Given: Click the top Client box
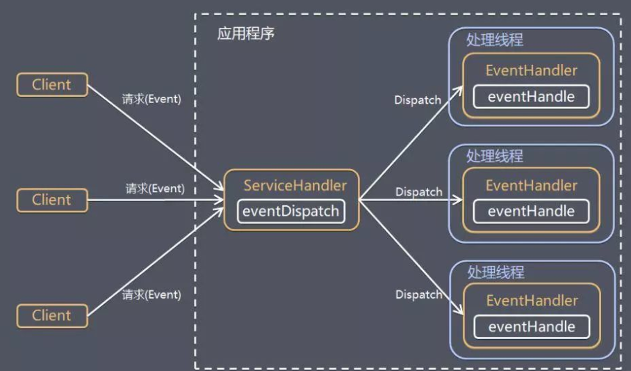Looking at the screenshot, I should pyautogui.click(x=52, y=85).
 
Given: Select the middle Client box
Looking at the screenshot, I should pyautogui.click(x=52, y=200).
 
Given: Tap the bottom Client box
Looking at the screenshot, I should pyautogui.click(x=52, y=315).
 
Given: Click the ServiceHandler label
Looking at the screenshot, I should pyautogui.click(x=295, y=186).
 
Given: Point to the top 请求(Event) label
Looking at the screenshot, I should pyautogui.click(x=151, y=99).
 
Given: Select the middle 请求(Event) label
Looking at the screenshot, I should pyautogui.click(x=155, y=188).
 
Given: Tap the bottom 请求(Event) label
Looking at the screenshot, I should pyautogui.click(x=151, y=294).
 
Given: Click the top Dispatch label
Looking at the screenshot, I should pyautogui.click(x=418, y=100).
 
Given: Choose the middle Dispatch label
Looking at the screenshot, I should pyautogui.click(x=419, y=191).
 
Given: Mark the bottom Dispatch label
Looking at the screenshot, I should pyautogui.click(x=419, y=294).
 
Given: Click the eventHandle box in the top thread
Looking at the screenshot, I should pyautogui.click(x=532, y=97).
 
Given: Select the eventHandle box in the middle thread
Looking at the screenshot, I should pyautogui.click(x=532, y=212).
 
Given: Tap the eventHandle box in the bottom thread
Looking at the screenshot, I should pyautogui.click(x=532, y=326).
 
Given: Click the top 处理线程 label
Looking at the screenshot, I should pyautogui.click(x=495, y=40).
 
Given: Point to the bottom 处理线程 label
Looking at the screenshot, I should pyautogui.click(x=495, y=272).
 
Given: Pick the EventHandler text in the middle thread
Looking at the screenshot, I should pyautogui.click(x=532, y=186).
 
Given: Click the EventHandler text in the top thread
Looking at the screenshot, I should pyautogui.click(x=532, y=70).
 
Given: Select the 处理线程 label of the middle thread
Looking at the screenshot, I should pyautogui.click(x=495, y=156).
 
